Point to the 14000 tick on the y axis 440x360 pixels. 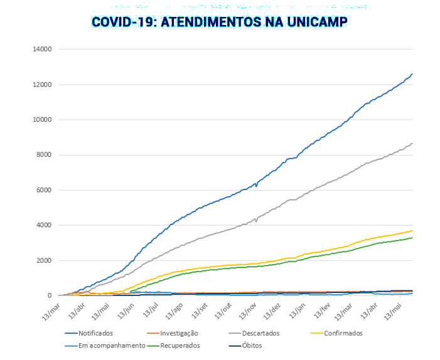pos(41,50)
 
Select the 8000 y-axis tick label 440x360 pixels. pos(43,155)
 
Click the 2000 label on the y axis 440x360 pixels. pos(43,260)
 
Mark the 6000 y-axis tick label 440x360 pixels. pos(43,190)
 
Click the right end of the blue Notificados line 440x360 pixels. pos(412,74)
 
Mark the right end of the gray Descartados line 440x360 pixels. pos(412,143)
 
